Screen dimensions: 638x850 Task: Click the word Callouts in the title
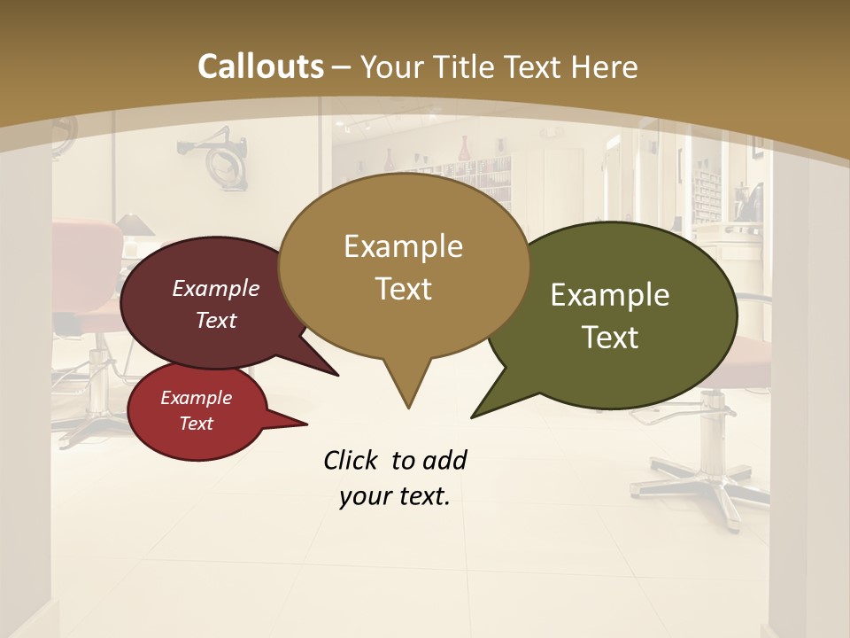(260, 66)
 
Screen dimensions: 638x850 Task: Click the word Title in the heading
(460, 66)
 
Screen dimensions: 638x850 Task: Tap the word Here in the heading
(605, 66)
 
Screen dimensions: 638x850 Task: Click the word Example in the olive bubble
(610, 295)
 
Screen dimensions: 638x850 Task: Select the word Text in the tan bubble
(404, 289)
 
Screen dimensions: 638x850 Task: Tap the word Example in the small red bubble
(196, 398)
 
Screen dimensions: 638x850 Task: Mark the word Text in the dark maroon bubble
(216, 320)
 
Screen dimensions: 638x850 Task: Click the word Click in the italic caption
(350, 460)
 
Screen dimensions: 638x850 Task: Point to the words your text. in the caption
(395, 496)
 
